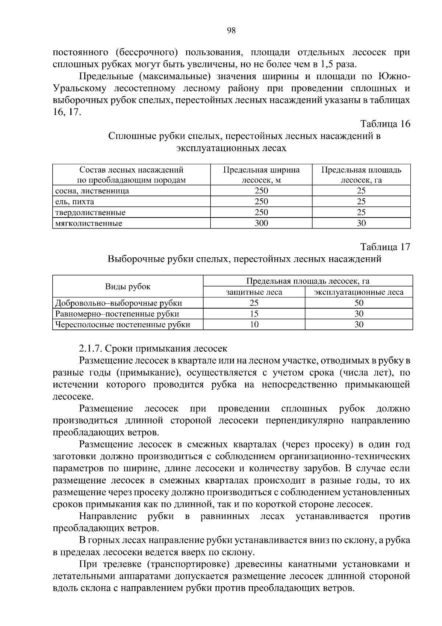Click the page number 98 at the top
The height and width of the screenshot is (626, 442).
click(231, 31)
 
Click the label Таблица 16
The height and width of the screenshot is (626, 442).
click(385, 124)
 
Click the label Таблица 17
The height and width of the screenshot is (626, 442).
click(385, 247)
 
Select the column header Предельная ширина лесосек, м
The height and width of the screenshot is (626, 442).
click(261, 175)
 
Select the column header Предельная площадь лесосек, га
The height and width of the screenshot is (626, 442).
click(361, 175)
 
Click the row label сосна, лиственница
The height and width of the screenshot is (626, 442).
click(92, 191)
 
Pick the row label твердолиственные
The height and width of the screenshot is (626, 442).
click(90, 212)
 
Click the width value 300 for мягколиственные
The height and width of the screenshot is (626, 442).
click(262, 223)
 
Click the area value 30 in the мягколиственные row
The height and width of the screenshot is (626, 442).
click(361, 223)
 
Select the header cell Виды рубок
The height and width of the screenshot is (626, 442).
click(128, 287)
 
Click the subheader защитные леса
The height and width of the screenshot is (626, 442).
click(254, 292)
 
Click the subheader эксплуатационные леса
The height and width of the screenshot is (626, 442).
click(359, 292)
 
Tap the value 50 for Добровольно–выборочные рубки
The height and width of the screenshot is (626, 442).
click(359, 303)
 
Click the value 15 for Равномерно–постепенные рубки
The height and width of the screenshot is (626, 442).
click(254, 314)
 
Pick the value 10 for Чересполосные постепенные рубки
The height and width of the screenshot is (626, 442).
click(254, 324)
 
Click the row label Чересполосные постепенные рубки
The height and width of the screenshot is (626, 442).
click(123, 324)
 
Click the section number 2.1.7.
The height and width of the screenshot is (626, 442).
click(91, 348)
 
